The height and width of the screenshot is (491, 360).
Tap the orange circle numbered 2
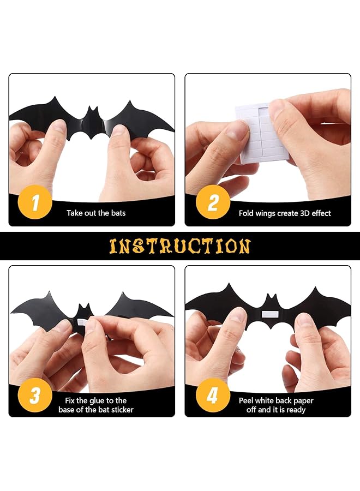(213, 203)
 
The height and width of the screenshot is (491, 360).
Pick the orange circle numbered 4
(213, 395)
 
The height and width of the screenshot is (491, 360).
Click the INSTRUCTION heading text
(180, 246)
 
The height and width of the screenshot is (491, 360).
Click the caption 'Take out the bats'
(96, 213)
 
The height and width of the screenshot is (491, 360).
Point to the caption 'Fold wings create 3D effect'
(285, 213)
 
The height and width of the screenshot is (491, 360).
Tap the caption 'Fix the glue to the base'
(96, 400)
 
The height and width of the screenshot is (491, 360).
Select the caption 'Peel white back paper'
(276, 400)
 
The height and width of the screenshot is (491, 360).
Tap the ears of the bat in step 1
(91, 112)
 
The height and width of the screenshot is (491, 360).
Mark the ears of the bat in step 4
(269, 298)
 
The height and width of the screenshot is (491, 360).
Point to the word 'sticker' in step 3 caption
(121, 410)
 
